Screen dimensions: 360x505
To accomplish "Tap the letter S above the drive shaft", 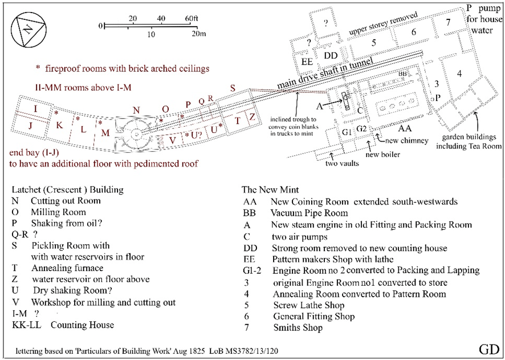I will pyautogui.click(x=232, y=88).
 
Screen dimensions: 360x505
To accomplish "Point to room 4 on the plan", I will pyautogui.click(x=458, y=72).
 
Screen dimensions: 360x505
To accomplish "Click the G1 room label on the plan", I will pyautogui.click(x=347, y=132).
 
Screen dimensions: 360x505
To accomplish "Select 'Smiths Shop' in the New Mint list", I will pyautogui.click(x=298, y=327).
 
